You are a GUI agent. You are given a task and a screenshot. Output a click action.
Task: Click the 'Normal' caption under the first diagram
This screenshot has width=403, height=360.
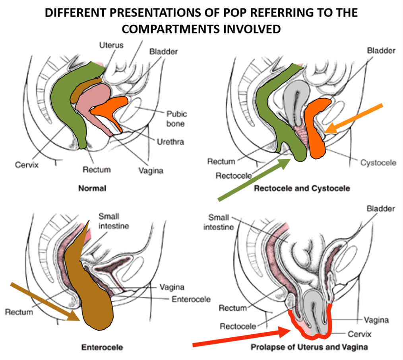(x=92, y=188)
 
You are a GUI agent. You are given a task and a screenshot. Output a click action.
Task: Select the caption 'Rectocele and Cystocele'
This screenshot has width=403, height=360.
(x=302, y=188)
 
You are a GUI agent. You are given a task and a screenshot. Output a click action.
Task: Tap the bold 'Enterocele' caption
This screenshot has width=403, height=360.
(x=102, y=347)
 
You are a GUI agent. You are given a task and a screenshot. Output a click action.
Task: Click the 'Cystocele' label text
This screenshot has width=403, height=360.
(x=378, y=163)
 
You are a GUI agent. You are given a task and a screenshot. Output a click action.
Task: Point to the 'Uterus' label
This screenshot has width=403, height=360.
(x=111, y=45)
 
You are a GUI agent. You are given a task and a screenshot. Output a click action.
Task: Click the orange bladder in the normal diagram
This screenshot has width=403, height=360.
(x=111, y=107)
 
